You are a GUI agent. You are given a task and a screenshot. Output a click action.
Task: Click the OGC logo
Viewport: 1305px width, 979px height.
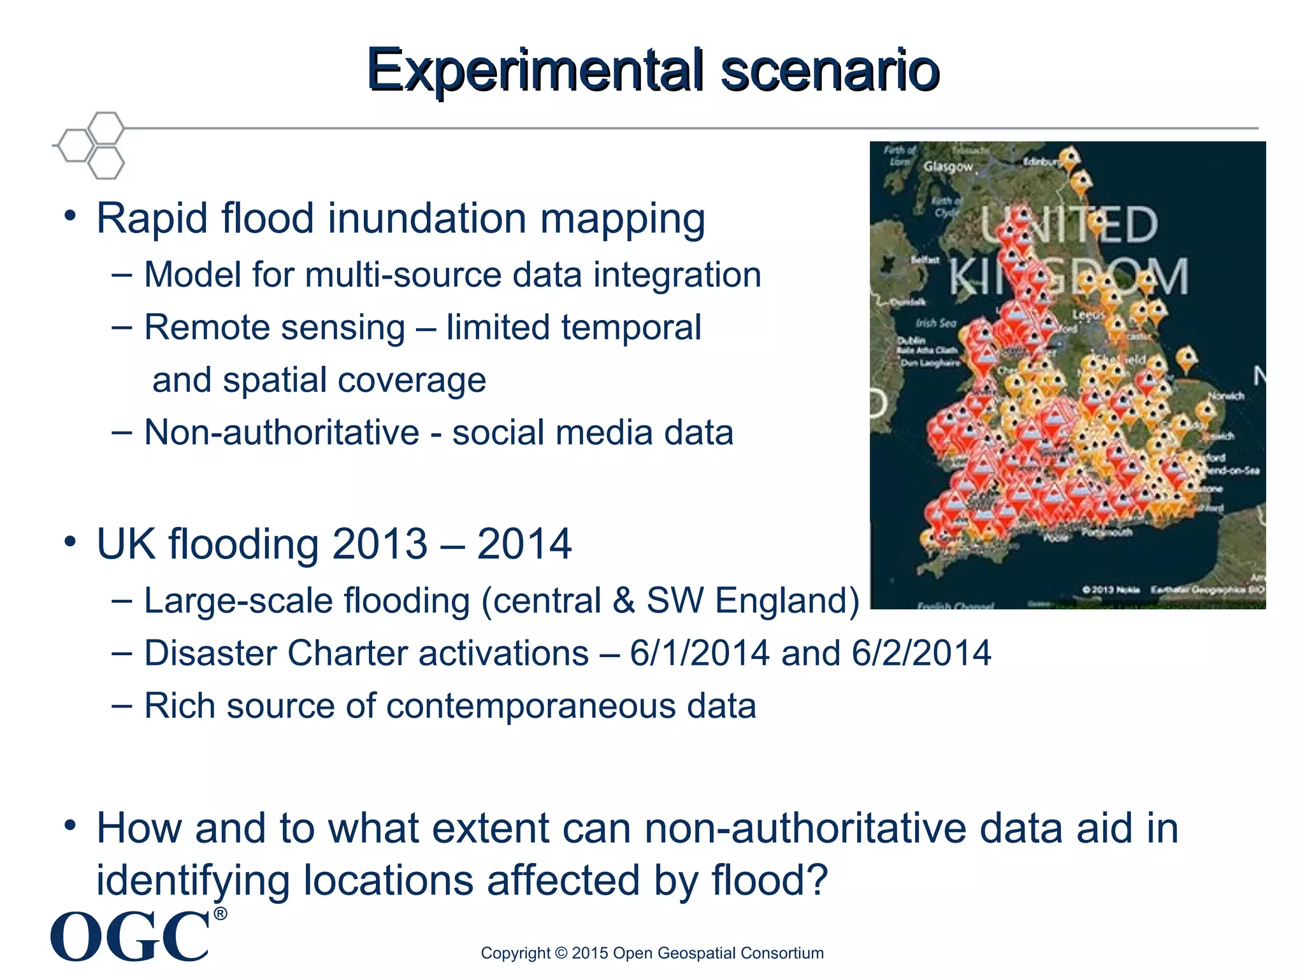point(131,936)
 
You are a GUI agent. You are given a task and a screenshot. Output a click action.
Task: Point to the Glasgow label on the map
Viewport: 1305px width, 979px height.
point(948,166)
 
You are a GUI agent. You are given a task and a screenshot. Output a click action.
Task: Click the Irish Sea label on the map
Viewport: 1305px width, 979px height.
point(936,323)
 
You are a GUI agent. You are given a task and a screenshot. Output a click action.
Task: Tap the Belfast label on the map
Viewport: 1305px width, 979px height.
point(925,259)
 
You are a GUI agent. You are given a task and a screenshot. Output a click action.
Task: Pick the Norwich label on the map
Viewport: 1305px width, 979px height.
point(1226,396)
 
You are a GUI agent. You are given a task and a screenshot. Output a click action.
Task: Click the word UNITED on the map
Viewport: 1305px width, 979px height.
point(1069,224)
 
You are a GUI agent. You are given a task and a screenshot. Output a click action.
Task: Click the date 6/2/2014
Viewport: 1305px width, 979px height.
point(921,653)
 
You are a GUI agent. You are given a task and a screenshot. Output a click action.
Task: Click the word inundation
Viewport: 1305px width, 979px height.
point(426,219)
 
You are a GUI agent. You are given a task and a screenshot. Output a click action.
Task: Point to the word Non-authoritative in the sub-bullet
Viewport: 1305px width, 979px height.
point(281,433)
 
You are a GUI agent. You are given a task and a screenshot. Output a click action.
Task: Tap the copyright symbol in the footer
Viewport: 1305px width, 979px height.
point(561,953)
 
